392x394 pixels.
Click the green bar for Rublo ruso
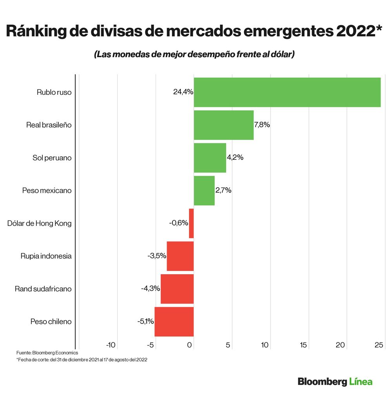pos(287,92)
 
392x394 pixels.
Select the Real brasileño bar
pos(223,125)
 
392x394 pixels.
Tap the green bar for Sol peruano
pos(210,158)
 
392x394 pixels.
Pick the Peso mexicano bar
pos(204,191)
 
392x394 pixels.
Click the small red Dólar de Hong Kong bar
pos(191,223)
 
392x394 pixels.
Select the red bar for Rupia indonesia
pos(180,256)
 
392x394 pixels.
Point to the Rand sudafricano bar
pos(177,289)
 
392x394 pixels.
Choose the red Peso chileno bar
pos(174,322)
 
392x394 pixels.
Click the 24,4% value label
pos(183,92)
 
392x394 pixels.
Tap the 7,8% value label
pos(262,125)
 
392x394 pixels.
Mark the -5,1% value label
pos(145,322)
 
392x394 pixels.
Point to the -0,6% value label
pos(179,223)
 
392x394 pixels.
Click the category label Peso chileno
pos(51,322)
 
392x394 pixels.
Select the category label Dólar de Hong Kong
pos(39,224)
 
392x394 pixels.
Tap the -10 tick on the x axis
pos(111,345)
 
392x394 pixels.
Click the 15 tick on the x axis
pos(303,345)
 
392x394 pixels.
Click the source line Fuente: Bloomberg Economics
pos(47,353)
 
